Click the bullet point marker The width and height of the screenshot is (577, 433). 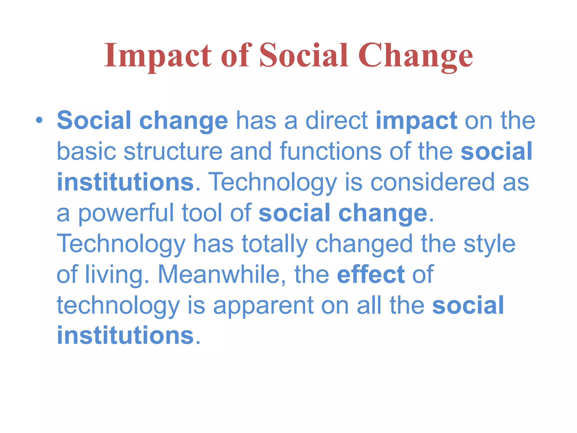pyautogui.click(x=39, y=121)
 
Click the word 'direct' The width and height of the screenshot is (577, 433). pyautogui.click(x=337, y=121)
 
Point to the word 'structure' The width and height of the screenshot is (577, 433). pyautogui.click(x=173, y=152)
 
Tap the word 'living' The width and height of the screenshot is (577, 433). pyautogui.click(x=114, y=275)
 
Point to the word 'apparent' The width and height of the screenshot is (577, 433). pyautogui.click(x=263, y=306)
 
